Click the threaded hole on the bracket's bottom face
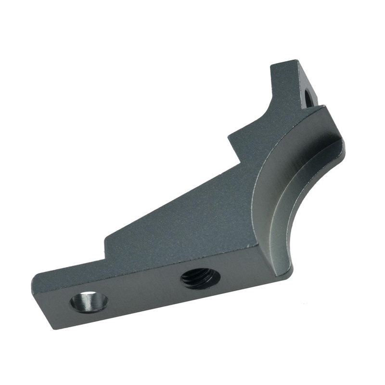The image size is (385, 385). pos(201,279)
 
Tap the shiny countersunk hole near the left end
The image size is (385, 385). pos(89,302)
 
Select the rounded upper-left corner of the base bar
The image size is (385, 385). pos(35,277)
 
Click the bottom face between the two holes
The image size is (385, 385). pos(144,294)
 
